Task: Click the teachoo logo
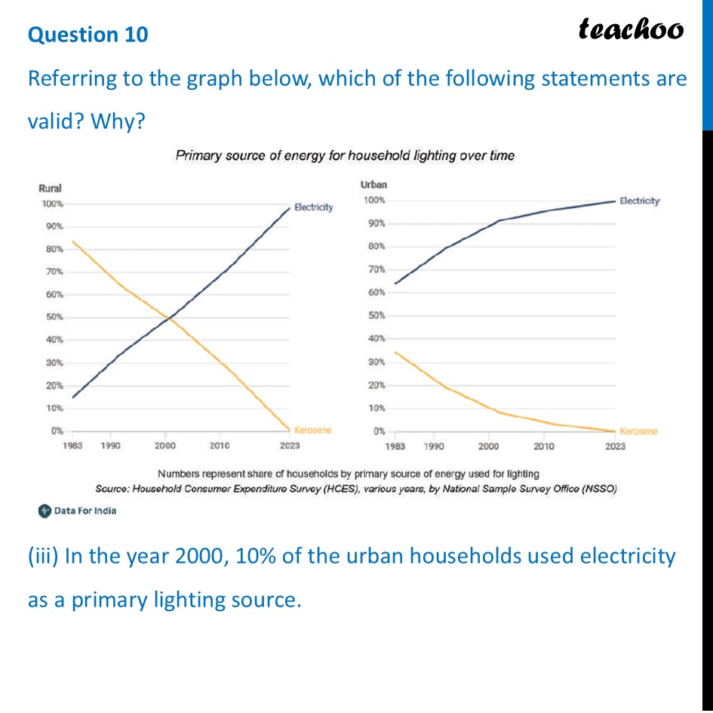[x=631, y=29]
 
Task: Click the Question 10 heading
[x=88, y=35]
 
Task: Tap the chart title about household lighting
[x=345, y=156]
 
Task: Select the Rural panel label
[x=50, y=189]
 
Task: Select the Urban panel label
[x=375, y=185]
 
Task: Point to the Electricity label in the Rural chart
[x=313, y=207]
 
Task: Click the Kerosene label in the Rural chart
[x=312, y=430]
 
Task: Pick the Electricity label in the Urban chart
[x=639, y=201]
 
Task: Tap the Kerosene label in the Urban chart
[x=638, y=431]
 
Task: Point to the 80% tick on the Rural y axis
[x=52, y=249]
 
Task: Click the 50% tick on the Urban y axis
[x=375, y=315]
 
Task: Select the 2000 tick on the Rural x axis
[x=165, y=446]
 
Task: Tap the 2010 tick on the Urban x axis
[x=544, y=446]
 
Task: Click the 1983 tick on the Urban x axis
[x=395, y=446]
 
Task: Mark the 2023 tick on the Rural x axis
[x=290, y=446]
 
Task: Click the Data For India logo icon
[x=45, y=511]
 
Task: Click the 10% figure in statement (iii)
[x=257, y=557]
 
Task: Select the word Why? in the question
[x=116, y=121]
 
